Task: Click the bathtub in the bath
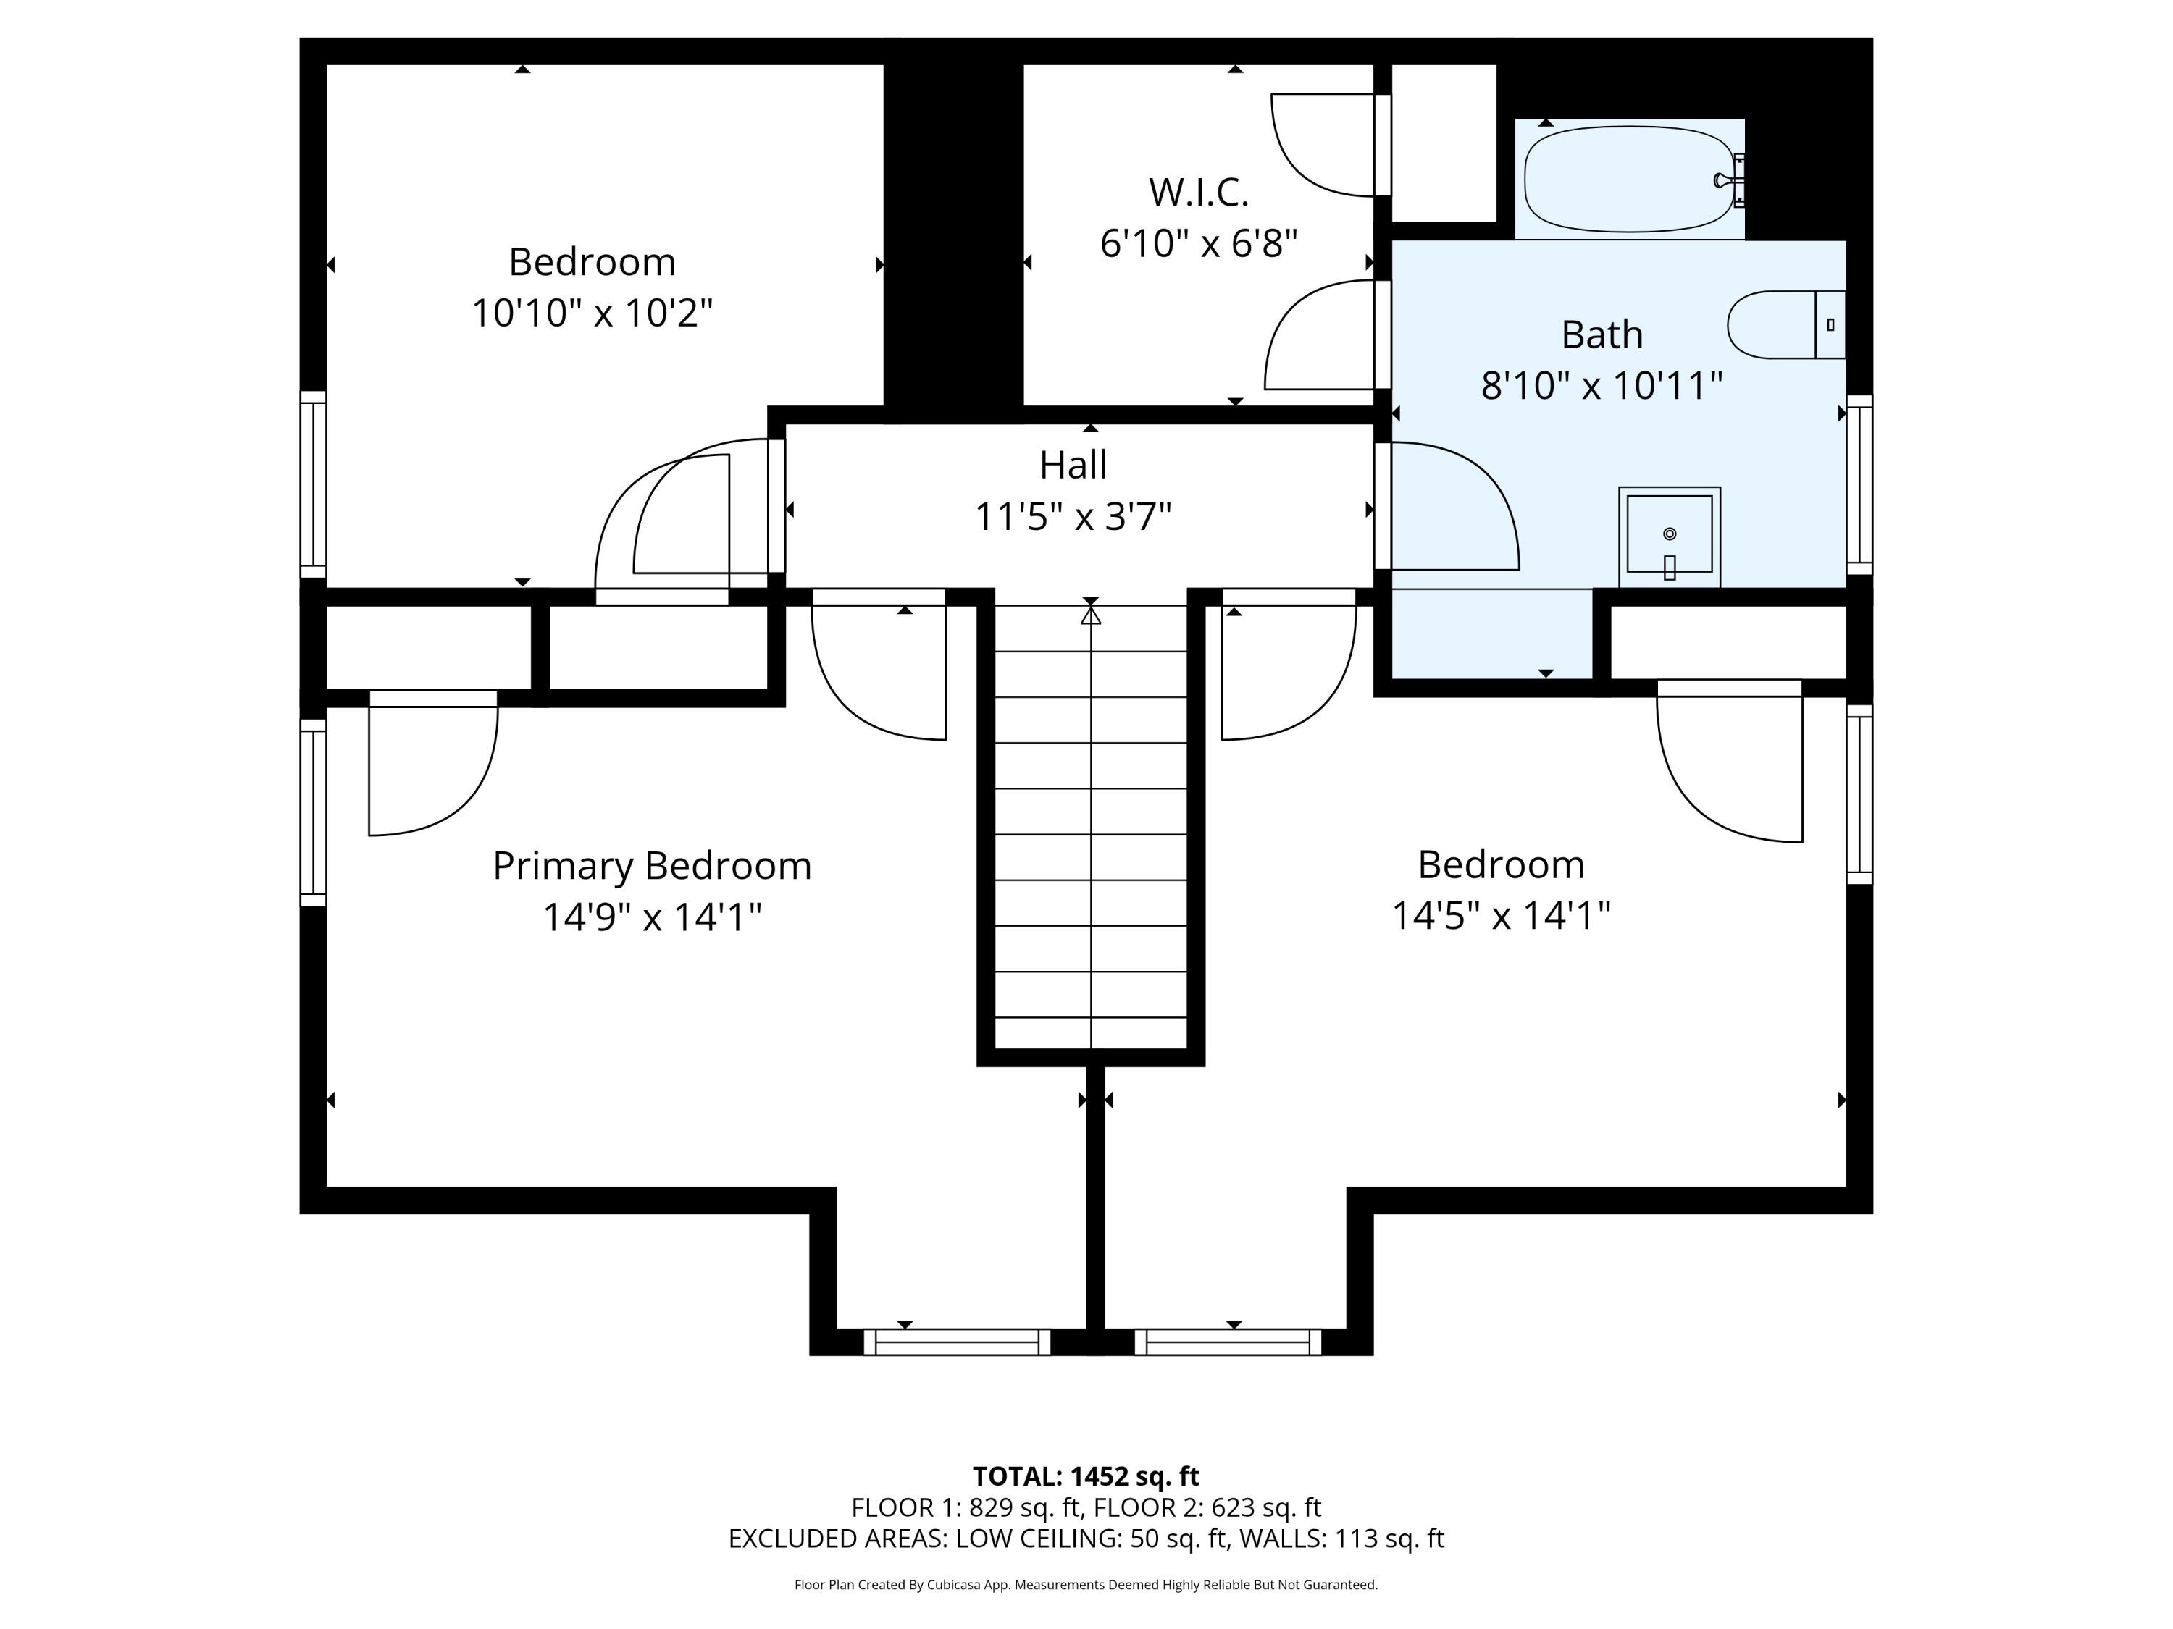click(x=1629, y=180)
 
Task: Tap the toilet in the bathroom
click(x=1786, y=325)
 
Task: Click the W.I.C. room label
click(x=1199, y=193)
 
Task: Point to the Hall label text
click(x=1073, y=466)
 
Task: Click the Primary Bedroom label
click(x=651, y=866)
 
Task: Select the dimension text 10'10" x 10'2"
click(x=591, y=313)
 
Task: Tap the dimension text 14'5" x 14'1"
click(x=1501, y=916)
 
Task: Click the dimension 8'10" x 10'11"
click(x=1602, y=385)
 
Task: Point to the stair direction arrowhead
click(x=1090, y=615)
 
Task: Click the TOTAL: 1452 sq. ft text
click(x=1086, y=1476)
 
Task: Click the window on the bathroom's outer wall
click(x=1859, y=484)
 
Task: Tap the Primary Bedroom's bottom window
click(x=957, y=1342)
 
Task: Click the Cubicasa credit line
click(x=1086, y=1585)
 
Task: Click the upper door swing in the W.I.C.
click(x=1322, y=144)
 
